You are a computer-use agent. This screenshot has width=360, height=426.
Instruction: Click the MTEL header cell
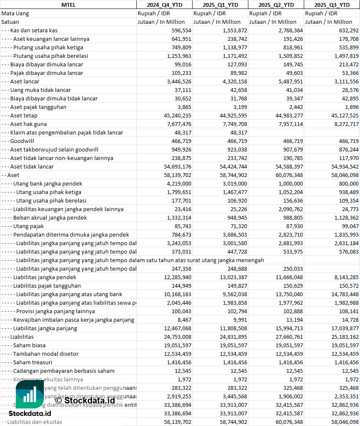click(x=68, y=5)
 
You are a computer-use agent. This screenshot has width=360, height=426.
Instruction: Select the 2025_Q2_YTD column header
click(x=276, y=5)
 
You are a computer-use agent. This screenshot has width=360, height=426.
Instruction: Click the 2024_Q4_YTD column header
click(x=164, y=5)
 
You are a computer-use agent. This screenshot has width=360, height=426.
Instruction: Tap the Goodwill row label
click(x=22, y=141)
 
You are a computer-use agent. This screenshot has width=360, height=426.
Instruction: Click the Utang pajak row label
click(x=29, y=226)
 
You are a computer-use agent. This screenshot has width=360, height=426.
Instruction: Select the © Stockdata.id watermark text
click(x=85, y=400)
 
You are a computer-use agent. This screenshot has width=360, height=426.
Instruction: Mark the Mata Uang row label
click(x=15, y=13)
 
